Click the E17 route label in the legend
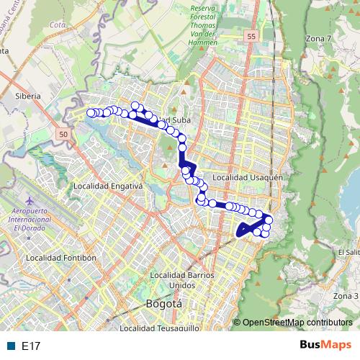pos(31,346)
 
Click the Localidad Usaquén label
pos(251,176)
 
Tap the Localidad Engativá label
pos(109,185)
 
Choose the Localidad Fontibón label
pos(60,257)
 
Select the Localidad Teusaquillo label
pos(160,328)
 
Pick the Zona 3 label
pos(346,296)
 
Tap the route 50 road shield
pos(64,135)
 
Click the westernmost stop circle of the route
pos(91,112)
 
